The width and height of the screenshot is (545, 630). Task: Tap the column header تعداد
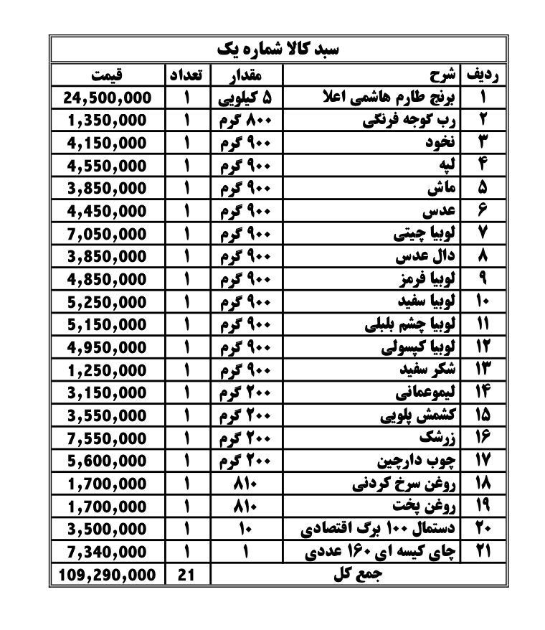(187, 75)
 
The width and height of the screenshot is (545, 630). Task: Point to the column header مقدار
(246, 75)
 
